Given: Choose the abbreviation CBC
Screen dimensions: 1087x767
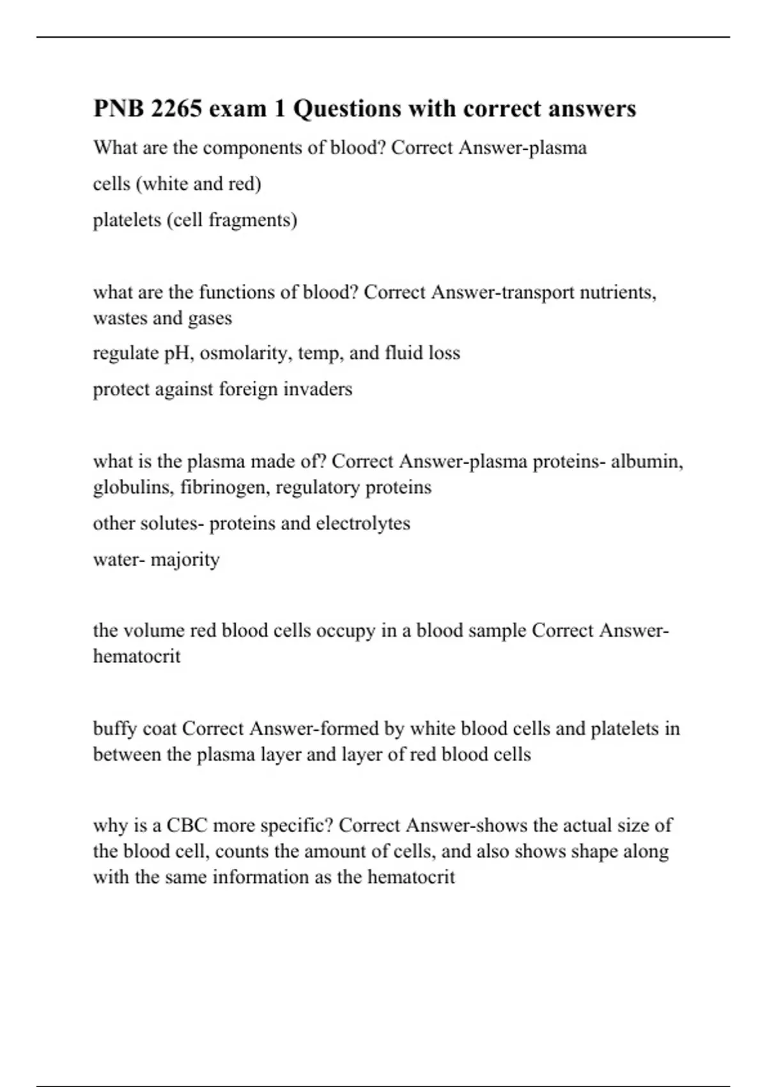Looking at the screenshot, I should coord(187,825).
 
